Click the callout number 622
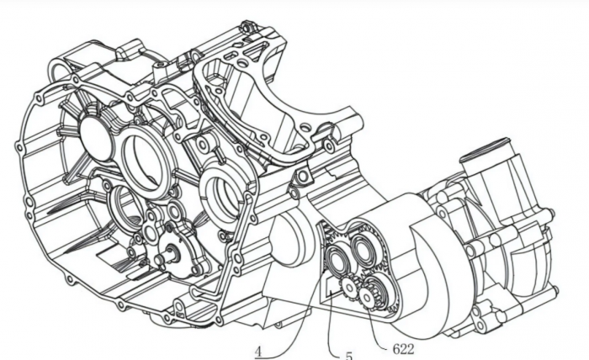tap(403, 349)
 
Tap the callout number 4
tap(258, 352)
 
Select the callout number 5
tap(349, 355)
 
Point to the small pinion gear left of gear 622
tap(349, 289)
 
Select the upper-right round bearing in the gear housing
tap(363, 247)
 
